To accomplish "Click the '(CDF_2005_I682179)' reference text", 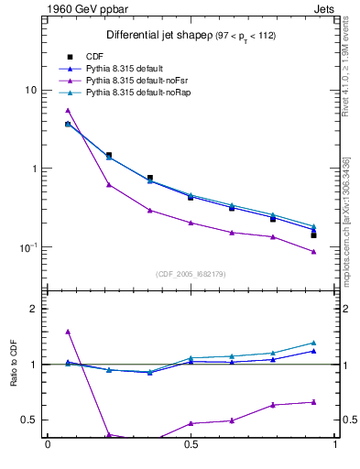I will [191, 273].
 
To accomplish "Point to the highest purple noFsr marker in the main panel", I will [68, 110].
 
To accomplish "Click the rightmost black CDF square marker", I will [313, 235].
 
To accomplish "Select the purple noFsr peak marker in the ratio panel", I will [68, 332].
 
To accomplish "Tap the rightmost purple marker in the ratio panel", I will [313, 401].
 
